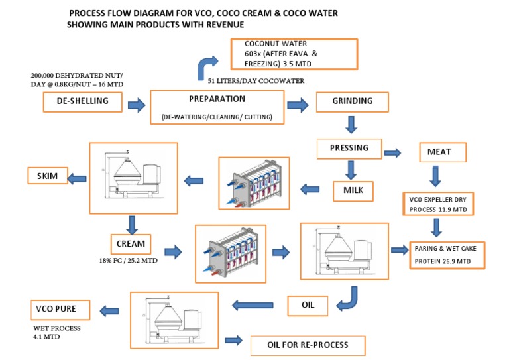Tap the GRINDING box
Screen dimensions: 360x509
pyautogui.click(x=351, y=102)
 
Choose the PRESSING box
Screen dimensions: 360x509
pyautogui.click(x=349, y=149)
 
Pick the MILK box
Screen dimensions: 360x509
pyautogui.click(x=353, y=191)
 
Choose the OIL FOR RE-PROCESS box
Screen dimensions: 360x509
pyautogui.click(x=308, y=345)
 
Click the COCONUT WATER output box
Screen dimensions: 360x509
pyautogui.click(x=294, y=54)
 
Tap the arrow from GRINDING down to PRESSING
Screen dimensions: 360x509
pyautogui.click(x=351, y=124)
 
